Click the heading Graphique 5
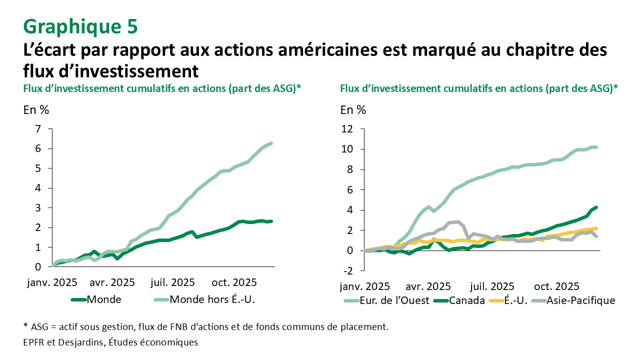(x=80, y=27)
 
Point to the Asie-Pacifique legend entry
(x=580, y=300)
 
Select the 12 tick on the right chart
(x=347, y=129)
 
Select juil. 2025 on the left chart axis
(x=173, y=282)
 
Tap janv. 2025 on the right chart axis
(x=364, y=287)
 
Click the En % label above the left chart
(x=36, y=109)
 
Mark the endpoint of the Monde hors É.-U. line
(x=271, y=143)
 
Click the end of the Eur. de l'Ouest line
(x=596, y=147)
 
